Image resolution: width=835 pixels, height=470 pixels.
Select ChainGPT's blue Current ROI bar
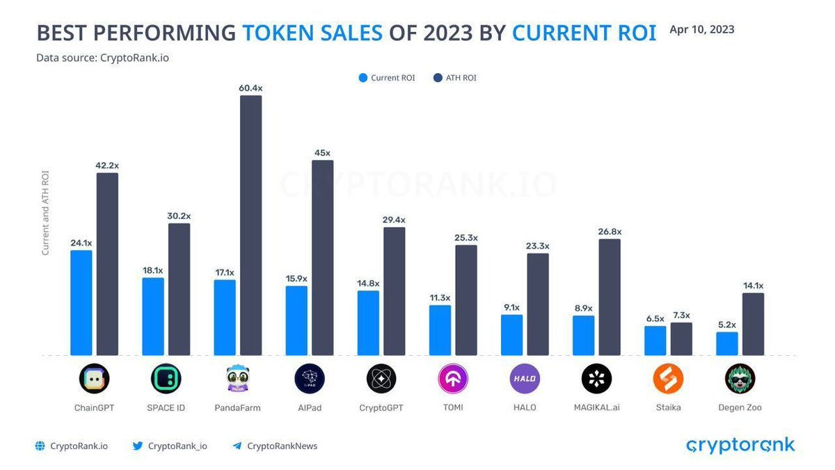coord(81,302)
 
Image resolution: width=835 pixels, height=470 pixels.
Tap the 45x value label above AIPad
coord(322,152)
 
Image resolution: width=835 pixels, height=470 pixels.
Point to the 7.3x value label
coord(681,315)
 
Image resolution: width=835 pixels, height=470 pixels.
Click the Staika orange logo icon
coord(668,379)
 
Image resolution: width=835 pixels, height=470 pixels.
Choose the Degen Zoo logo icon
coord(740,379)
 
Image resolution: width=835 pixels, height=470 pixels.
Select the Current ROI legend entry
coord(387,78)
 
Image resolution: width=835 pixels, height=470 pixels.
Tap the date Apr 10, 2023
coord(701,29)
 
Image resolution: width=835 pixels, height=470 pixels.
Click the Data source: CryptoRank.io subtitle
coord(102,58)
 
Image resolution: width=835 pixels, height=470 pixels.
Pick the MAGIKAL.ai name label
coord(596,407)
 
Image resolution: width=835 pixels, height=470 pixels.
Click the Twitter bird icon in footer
coord(138,446)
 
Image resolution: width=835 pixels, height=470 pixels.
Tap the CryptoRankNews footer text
coord(282,446)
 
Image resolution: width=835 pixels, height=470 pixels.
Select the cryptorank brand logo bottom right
coord(740,445)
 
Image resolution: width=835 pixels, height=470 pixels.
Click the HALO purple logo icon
coord(525,379)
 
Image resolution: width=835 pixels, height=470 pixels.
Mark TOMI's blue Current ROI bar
coord(440,330)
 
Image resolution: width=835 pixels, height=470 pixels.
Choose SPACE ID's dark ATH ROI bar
coord(180,289)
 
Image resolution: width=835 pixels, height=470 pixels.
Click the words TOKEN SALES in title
coord(312,33)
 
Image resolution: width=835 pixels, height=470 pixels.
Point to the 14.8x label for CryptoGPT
coord(368,283)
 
